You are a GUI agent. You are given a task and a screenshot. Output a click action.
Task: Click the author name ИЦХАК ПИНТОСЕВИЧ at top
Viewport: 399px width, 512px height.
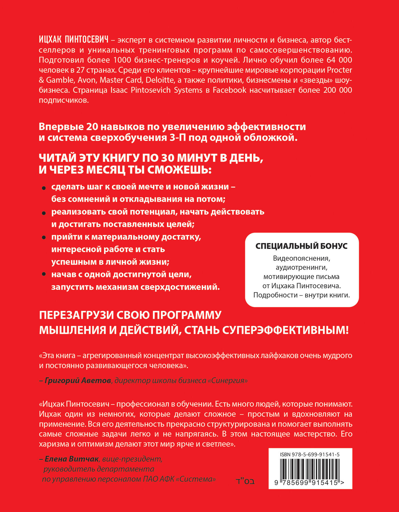(74, 40)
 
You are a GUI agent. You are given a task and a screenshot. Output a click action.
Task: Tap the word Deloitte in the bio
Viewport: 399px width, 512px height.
(160, 80)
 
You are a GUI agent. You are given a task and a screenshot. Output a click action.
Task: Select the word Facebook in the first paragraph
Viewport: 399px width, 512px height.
(229, 90)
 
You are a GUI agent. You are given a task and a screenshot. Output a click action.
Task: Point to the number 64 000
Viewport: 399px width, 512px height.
(339, 60)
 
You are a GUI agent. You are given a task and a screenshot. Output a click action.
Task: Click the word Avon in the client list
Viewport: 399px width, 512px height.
(87, 80)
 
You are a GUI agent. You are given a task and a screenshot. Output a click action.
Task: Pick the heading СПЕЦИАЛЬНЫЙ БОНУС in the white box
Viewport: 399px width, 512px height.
(301, 246)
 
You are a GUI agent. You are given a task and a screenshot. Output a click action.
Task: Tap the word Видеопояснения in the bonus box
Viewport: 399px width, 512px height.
(301, 258)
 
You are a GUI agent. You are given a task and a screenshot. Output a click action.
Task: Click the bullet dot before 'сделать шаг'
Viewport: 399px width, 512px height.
(44, 188)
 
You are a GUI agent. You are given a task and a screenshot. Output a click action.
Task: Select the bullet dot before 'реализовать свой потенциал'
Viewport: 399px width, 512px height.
(44, 213)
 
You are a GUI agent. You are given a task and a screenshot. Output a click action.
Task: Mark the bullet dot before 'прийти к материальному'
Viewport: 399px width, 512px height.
(44, 238)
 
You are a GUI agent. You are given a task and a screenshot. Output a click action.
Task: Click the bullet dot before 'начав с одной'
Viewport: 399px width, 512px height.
(44, 274)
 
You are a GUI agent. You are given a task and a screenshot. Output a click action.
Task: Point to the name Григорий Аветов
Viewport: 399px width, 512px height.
(78, 380)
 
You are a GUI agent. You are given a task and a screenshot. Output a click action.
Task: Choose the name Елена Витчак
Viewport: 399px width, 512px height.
(72, 459)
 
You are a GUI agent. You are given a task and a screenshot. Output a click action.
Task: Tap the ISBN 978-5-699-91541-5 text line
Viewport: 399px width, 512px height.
(310, 455)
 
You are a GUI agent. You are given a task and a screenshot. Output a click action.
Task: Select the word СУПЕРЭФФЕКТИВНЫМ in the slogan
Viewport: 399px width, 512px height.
(285, 330)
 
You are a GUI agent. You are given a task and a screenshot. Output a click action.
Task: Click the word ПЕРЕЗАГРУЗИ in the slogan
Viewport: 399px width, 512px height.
(76, 315)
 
